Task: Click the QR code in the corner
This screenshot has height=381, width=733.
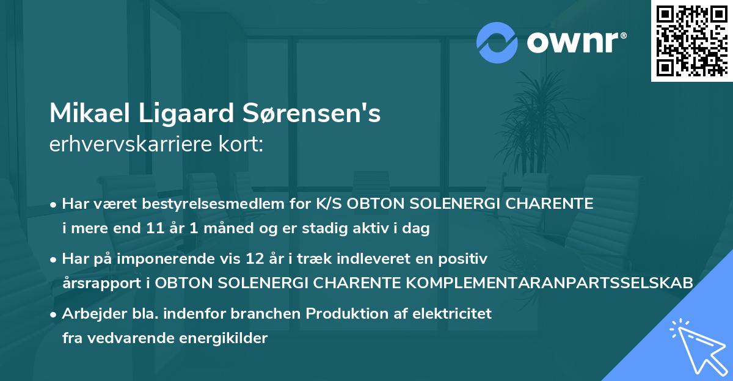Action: [692, 40]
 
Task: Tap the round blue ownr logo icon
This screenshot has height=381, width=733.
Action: [497, 43]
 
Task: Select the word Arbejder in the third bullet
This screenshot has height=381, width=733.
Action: [89, 314]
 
